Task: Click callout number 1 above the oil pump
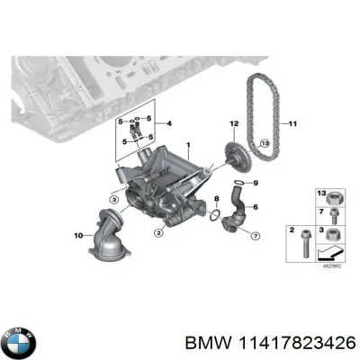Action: click(188, 145)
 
